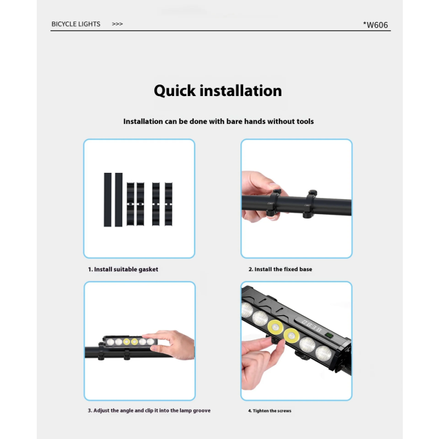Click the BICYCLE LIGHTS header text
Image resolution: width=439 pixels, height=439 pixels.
click(76, 24)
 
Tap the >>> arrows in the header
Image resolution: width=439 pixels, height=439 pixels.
click(117, 24)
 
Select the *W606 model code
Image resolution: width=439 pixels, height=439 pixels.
click(375, 25)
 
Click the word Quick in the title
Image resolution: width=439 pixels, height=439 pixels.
click(175, 91)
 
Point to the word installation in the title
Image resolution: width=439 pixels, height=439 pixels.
click(241, 91)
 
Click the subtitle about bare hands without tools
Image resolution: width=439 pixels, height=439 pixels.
click(218, 121)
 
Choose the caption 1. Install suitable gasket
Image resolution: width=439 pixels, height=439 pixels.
click(123, 269)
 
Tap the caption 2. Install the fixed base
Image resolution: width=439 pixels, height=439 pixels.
click(280, 269)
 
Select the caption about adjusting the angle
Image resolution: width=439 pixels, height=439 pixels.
click(149, 410)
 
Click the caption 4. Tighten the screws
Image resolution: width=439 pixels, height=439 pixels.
click(269, 410)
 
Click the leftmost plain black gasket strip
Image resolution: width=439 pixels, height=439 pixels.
click(108, 200)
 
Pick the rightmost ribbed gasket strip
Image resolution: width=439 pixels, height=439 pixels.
click(168, 204)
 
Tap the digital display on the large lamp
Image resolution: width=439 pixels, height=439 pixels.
click(311, 325)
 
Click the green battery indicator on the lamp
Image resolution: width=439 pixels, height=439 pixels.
click(329, 335)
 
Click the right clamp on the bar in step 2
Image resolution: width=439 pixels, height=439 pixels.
click(309, 204)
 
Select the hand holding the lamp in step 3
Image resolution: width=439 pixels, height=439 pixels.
click(171, 345)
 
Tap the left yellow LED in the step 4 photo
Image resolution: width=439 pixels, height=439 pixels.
click(275, 327)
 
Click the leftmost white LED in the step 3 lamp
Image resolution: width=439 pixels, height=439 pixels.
click(111, 342)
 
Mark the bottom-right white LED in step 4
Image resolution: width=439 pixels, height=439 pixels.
click(324, 353)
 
